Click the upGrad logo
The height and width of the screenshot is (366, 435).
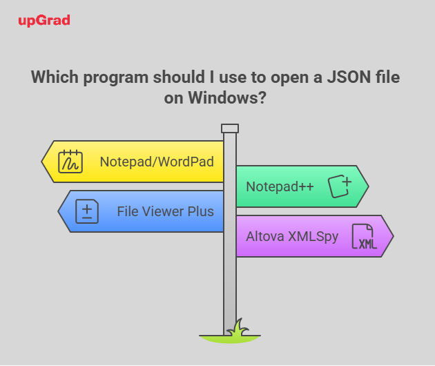(x=44, y=21)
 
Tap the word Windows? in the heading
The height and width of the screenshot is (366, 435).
(x=227, y=97)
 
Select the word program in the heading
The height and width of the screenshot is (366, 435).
(x=116, y=78)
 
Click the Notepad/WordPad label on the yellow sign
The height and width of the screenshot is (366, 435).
(x=157, y=162)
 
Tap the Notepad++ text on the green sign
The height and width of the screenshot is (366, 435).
(x=280, y=186)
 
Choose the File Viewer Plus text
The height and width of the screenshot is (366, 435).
(x=165, y=211)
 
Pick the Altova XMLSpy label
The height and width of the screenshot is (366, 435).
(x=292, y=237)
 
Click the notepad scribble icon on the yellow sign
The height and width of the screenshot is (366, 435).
(x=70, y=162)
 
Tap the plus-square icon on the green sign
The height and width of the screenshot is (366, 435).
(x=340, y=186)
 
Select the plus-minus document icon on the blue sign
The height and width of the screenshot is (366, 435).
(x=87, y=211)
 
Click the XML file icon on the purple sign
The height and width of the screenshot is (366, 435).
(x=365, y=236)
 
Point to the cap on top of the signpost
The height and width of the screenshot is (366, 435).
(x=230, y=128)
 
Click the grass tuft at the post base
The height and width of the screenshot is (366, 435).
(x=238, y=328)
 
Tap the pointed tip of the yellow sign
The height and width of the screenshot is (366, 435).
(x=42, y=162)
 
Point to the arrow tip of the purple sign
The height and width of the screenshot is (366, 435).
(x=393, y=236)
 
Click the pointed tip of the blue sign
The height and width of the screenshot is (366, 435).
(x=59, y=211)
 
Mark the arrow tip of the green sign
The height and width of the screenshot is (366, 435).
(x=368, y=186)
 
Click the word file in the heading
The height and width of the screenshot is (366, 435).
(x=388, y=77)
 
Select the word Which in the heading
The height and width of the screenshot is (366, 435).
(x=55, y=77)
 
